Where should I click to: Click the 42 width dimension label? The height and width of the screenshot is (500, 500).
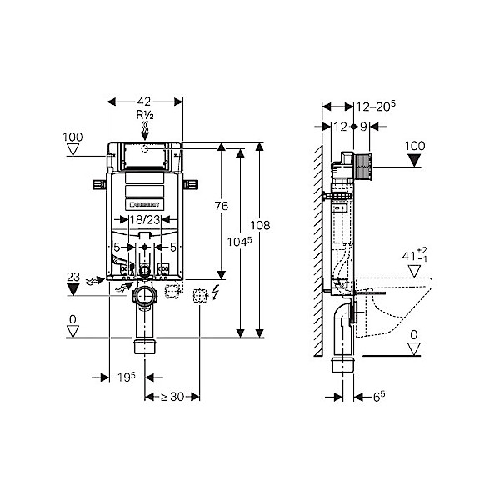coord(144,102)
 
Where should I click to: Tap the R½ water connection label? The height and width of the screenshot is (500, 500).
coord(145,115)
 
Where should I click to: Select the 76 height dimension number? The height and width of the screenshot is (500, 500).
coord(222,206)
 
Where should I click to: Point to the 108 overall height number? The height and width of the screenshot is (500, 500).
coord(260,226)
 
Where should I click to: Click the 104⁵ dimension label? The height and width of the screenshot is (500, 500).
coord(239,242)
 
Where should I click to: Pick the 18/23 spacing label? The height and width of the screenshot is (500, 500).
coord(145,219)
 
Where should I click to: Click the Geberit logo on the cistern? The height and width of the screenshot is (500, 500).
coord(144,204)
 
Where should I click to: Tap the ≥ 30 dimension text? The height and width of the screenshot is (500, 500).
coord(172,397)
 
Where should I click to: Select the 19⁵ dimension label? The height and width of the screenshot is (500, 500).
coord(127,377)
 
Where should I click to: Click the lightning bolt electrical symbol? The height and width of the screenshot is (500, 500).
coord(216,292)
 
